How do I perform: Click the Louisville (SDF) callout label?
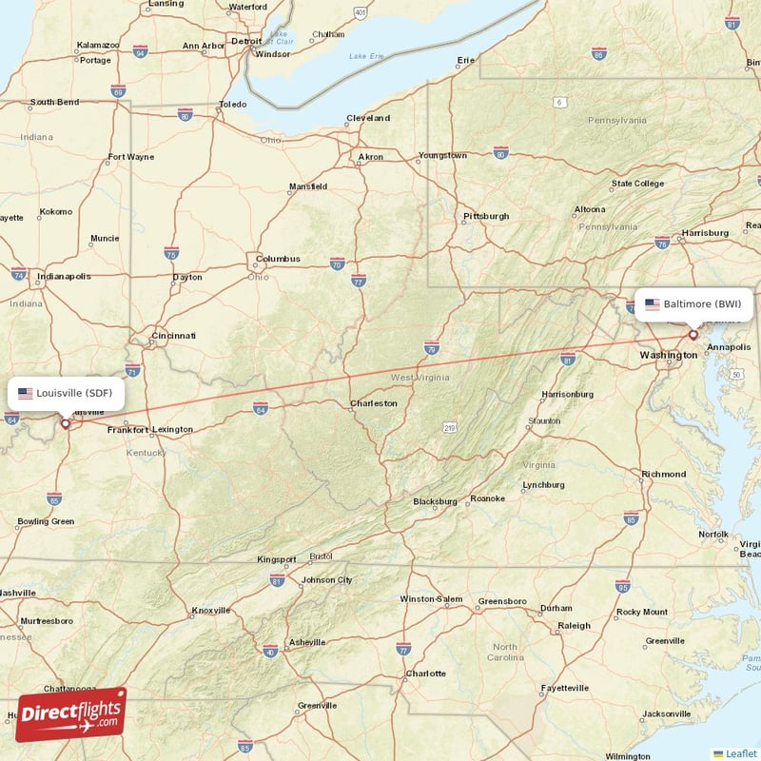[67, 393]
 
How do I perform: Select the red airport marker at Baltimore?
[693, 335]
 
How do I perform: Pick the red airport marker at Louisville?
[65, 424]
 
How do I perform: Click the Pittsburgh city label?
[485, 217]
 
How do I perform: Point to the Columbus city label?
[277, 259]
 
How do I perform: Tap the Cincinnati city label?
[172, 336]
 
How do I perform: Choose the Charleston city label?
[374, 403]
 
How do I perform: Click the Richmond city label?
[664, 474]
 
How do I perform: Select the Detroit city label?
[246, 42]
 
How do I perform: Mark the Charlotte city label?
[425, 673]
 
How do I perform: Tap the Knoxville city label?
[211, 611]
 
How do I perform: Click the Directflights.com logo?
[70, 713]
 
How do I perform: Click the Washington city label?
[668, 355]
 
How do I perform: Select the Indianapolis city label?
[65, 277]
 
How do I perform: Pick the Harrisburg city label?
[705, 233]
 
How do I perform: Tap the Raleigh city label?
[574, 626]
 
